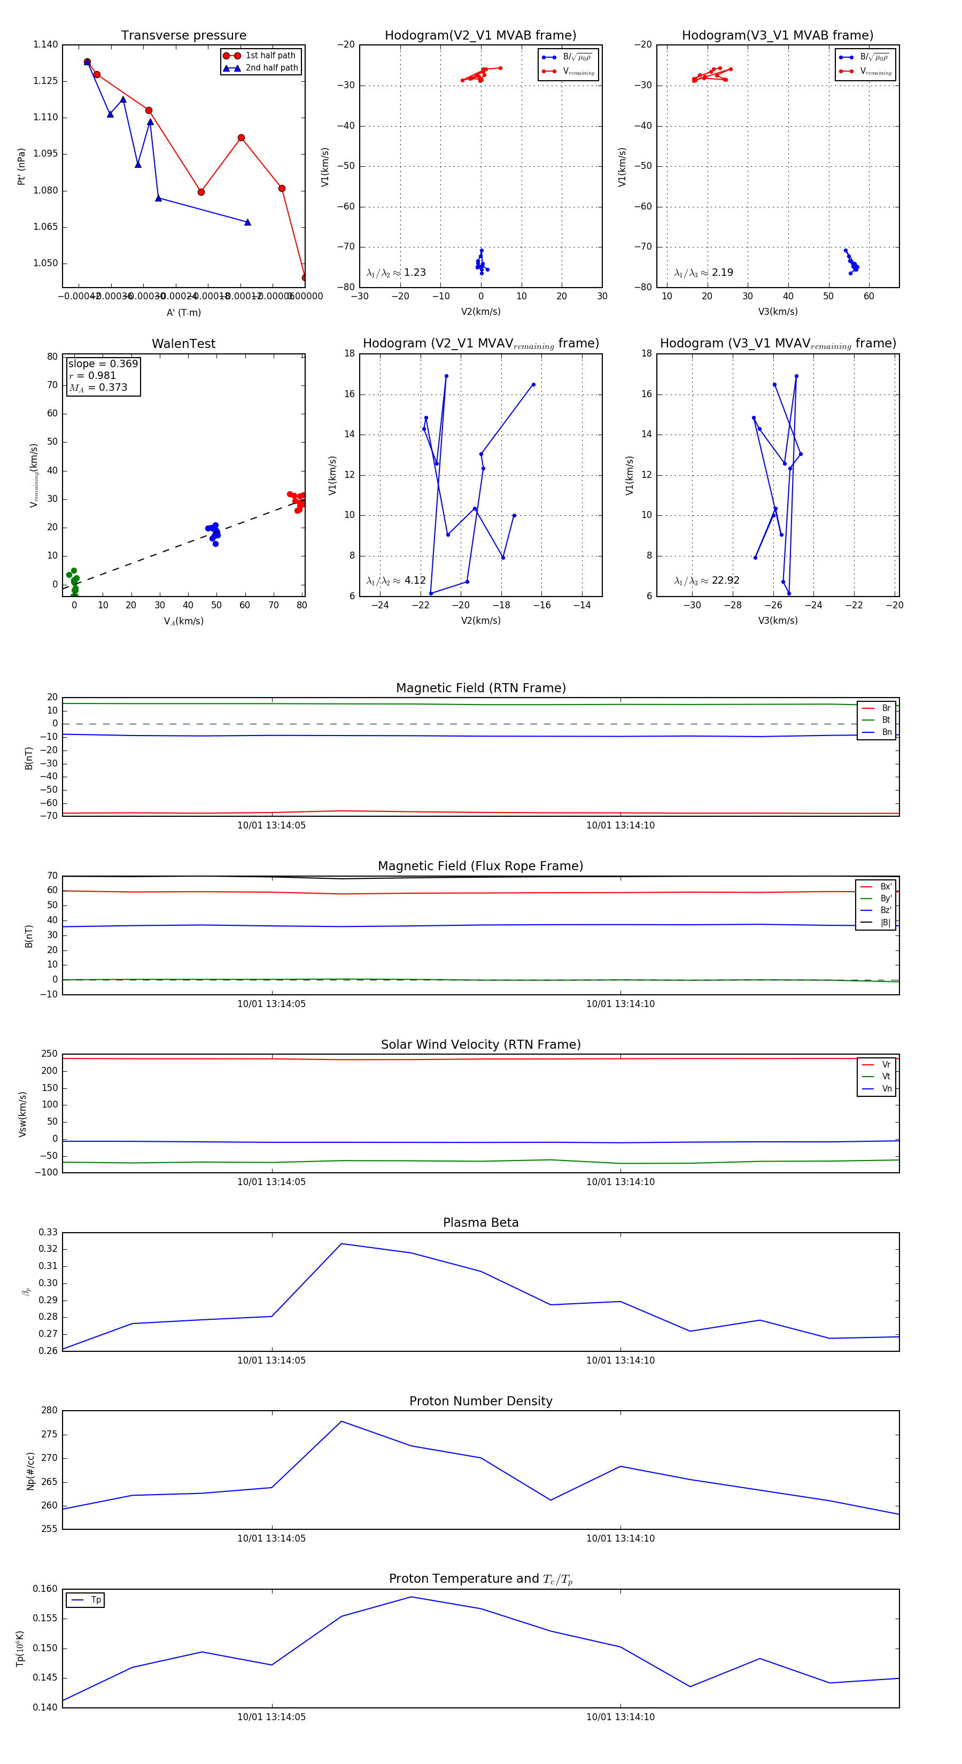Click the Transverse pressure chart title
[183, 36]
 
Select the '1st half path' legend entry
[270, 56]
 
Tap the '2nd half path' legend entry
[271, 68]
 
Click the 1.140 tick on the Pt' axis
[46, 44]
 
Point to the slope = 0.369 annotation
[103, 363]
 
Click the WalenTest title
[183, 344]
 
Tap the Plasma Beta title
[480, 1223]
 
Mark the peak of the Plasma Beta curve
[342, 1243]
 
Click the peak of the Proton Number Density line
[342, 1421]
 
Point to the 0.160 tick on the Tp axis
[46, 1589]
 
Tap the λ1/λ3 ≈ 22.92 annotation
[707, 580]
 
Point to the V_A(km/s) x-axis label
[183, 621]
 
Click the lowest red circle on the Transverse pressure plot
[305, 277]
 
